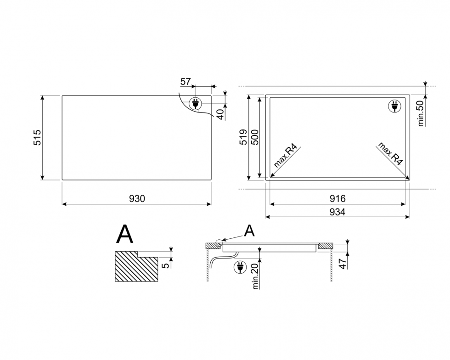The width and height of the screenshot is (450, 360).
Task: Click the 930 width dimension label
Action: point(137,198)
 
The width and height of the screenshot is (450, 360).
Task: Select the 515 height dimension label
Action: point(38,137)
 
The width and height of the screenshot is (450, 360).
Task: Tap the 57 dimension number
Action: point(186,82)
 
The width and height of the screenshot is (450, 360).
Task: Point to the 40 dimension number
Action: point(220,114)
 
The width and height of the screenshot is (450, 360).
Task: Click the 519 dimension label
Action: point(243,137)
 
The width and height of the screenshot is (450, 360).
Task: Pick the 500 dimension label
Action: point(255,137)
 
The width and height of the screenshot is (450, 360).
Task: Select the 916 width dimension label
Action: point(337,198)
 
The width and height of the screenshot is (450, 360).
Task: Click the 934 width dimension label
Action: point(337,212)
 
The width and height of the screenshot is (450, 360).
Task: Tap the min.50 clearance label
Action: point(421,113)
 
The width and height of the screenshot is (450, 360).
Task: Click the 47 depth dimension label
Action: point(343,263)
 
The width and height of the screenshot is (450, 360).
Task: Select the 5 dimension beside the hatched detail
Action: point(166,265)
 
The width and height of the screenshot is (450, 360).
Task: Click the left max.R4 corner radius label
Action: point(285,155)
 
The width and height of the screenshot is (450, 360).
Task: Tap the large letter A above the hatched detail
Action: point(124,234)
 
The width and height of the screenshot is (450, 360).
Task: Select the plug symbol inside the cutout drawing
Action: point(394,106)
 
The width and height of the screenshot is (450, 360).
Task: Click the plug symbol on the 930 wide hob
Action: point(196,103)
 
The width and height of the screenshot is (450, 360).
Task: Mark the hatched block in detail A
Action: point(136,266)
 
